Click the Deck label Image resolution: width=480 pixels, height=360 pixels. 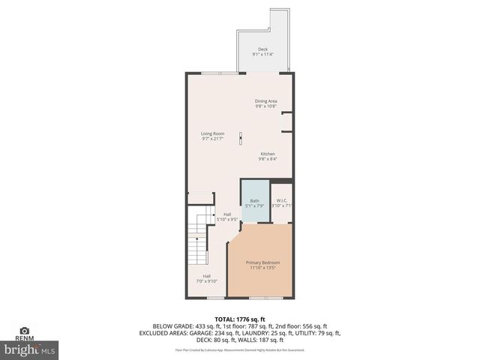pos(262,49)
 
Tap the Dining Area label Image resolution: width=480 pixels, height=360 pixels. pos(266,100)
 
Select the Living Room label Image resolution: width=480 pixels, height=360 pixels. pos(212,133)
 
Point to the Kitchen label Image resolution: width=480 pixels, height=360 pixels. pos(268,154)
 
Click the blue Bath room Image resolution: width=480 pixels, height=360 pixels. pos(254,201)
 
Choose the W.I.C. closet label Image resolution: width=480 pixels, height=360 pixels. pos(282,200)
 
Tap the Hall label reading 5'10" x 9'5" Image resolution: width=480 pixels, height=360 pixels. pos(226,214)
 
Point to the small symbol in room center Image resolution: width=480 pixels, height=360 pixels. pos(241,137)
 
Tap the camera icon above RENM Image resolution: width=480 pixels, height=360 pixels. pos(24,330)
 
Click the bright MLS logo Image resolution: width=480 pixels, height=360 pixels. pos(30,349)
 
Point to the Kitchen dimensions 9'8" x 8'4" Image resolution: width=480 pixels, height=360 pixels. pos(268,159)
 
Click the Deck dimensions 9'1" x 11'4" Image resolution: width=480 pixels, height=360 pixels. pos(262,55)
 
